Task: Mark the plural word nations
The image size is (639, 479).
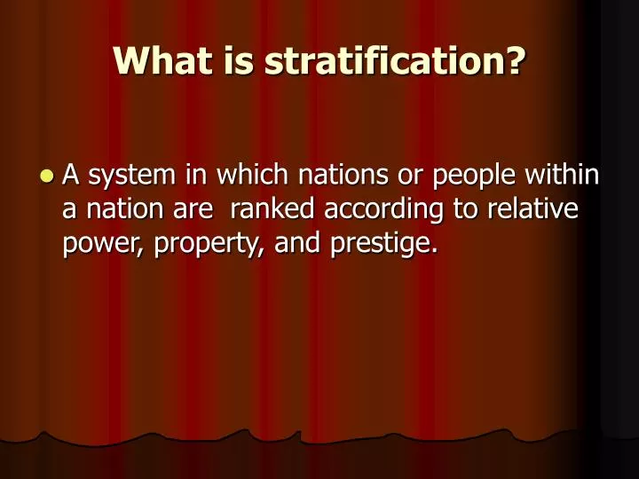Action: [x=341, y=176]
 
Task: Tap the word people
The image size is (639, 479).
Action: [x=476, y=177]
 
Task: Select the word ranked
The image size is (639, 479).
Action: [x=272, y=209]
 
